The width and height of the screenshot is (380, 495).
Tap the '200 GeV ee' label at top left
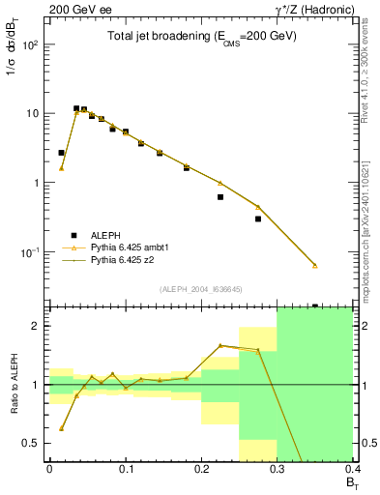74,8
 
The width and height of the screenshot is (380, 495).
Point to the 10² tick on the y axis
31,44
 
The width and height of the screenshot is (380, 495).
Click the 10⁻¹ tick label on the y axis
31,251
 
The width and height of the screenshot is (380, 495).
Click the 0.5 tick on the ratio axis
35,443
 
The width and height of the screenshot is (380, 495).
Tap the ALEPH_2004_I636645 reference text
200,289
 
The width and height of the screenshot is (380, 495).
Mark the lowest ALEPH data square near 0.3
258,218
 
